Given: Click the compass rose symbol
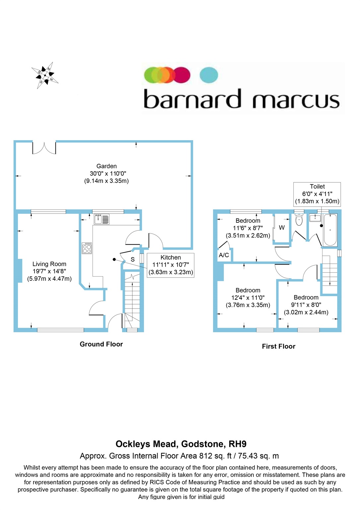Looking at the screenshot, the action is pyautogui.click(x=45, y=75).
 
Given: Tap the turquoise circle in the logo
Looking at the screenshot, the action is pyautogui.click(x=209, y=75).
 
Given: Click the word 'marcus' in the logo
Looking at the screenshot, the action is pyautogui.click(x=296, y=100).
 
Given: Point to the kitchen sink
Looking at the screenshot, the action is pyautogui.click(x=102, y=219).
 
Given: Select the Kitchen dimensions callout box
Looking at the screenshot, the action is pyautogui.click(x=171, y=265).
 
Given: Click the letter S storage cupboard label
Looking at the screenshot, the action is pyautogui.click(x=133, y=260).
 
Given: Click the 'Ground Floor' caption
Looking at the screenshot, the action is pyautogui.click(x=101, y=344).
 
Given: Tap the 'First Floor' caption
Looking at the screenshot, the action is pyautogui.click(x=278, y=346).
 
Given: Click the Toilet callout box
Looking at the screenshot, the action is pyautogui.click(x=317, y=194).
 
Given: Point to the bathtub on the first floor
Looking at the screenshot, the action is pyautogui.click(x=330, y=230).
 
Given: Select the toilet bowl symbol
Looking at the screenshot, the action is pyautogui.click(x=299, y=220).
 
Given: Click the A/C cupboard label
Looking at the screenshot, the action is pyautogui.click(x=224, y=255).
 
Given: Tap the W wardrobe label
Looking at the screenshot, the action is pyautogui.click(x=282, y=228).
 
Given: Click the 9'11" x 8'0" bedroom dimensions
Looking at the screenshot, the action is pyautogui.click(x=306, y=305).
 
